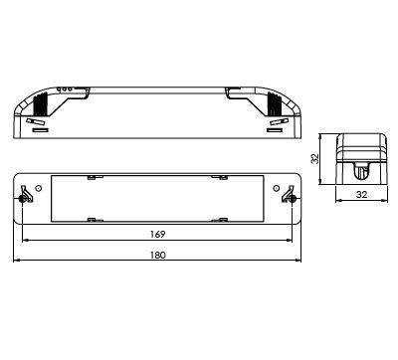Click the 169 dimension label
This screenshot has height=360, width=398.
[x=157, y=235]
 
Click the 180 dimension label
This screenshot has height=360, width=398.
[x=157, y=256]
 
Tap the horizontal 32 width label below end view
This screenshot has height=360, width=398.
[x=361, y=195]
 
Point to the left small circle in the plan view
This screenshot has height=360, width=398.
[x=39, y=188]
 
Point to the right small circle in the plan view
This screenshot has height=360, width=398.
[x=276, y=188]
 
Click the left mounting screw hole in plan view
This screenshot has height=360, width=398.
[x=22, y=199]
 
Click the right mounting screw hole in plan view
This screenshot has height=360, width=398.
[x=293, y=199]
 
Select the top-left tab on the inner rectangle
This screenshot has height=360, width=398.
[x=96, y=177]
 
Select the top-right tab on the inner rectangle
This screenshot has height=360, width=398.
[x=220, y=177]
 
